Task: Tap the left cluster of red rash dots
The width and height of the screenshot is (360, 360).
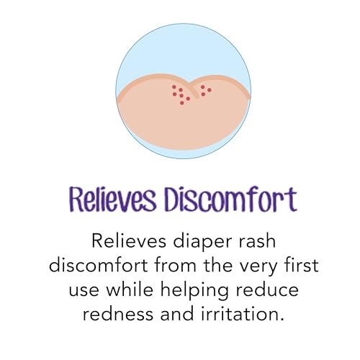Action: [x=180, y=94]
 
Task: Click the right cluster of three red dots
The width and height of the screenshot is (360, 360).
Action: [x=205, y=89]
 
